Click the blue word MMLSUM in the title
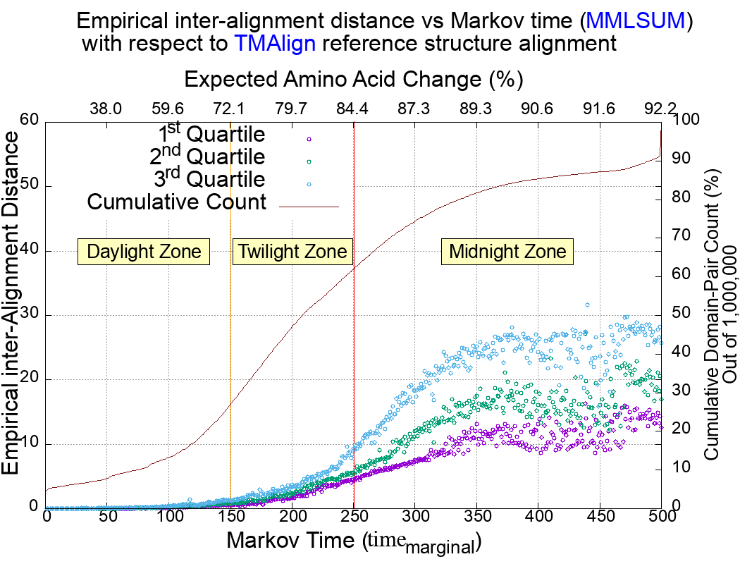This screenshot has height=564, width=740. tap(636, 20)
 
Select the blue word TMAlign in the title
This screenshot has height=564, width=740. tap(276, 44)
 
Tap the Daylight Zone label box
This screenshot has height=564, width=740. tap(144, 252)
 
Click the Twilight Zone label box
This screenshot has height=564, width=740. tap(292, 252)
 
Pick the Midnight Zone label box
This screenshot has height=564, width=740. tap(507, 252)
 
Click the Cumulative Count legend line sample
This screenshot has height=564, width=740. tap(309, 207)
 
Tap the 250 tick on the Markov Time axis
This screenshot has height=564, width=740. tap(354, 516)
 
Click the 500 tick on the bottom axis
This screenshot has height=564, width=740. tap(660, 516)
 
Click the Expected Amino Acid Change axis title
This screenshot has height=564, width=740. tap(352, 78)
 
